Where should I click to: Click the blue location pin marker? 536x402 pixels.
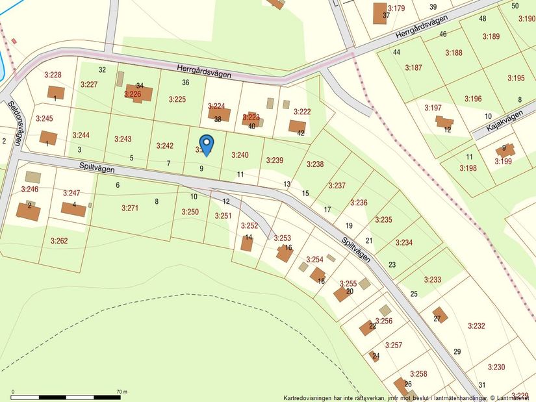(x=206, y=144)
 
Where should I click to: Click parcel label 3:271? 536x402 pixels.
(x=130, y=208)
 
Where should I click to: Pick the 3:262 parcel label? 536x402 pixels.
(x=58, y=240)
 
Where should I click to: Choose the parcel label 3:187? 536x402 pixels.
(x=413, y=68)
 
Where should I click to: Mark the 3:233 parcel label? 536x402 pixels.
(x=433, y=279)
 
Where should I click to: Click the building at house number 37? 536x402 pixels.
(x=380, y=13)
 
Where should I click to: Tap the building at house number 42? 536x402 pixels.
(x=297, y=126)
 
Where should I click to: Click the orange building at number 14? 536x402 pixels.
(x=247, y=244)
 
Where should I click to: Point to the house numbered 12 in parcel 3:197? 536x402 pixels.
(x=444, y=122)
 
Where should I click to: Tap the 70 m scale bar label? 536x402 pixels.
(x=121, y=392)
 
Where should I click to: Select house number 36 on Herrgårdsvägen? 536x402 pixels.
(x=186, y=82)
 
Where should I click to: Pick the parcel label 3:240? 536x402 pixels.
(x=240, y=155)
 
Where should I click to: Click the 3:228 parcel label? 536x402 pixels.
(x=53, y=75)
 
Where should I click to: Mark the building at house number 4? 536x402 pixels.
(x=73, y=209)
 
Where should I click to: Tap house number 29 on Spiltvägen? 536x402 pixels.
(x=457, y=351)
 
